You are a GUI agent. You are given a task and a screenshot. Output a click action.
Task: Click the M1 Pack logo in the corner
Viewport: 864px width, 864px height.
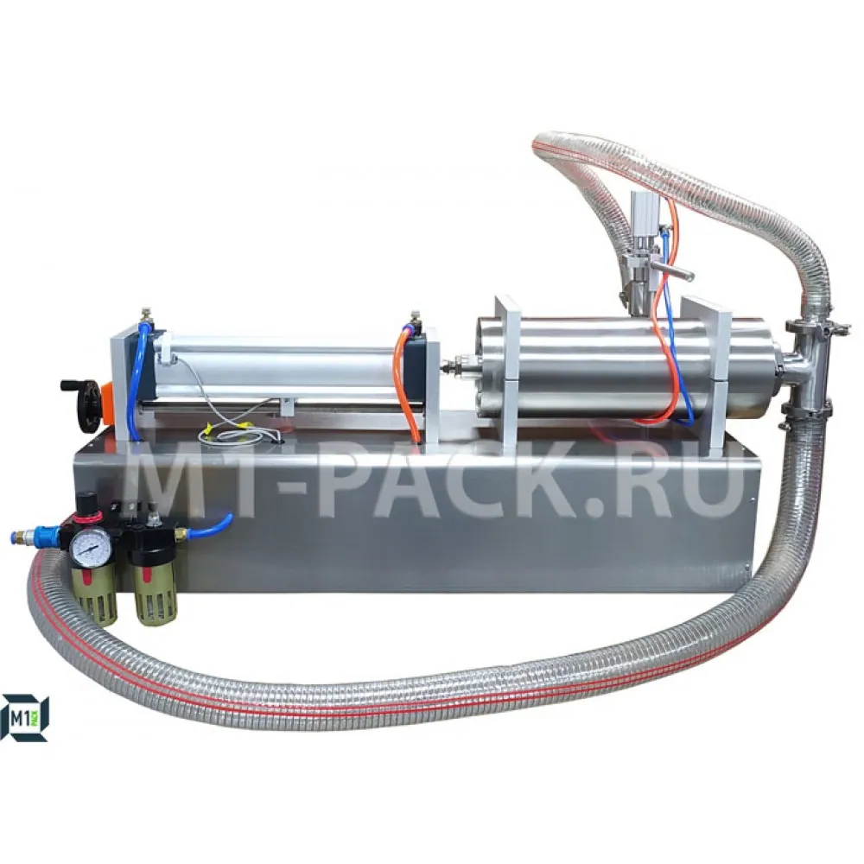25,717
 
